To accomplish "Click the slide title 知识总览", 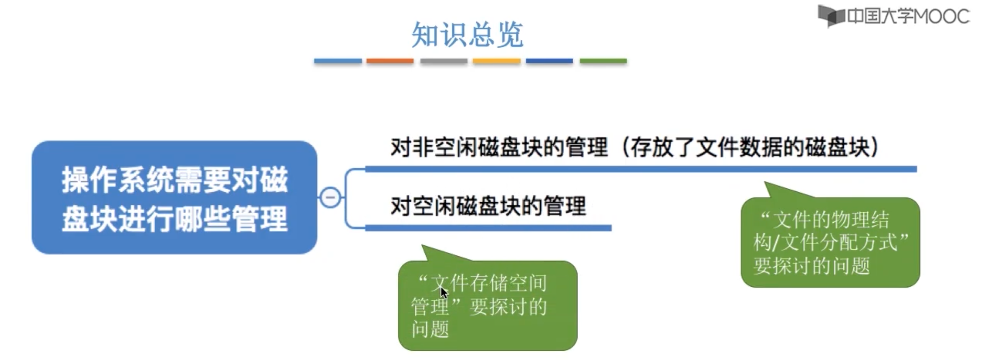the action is [467, 35].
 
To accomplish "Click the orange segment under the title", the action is [390, 61].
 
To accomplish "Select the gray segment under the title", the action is [444, 61].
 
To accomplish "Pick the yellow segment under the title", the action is [496, 61].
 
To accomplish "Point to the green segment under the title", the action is [603, 61].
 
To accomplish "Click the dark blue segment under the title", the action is [549, 61].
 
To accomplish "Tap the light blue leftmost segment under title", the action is [338, 61].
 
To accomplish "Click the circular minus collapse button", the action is [330, 197].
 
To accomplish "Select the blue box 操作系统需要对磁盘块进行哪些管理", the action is [174, 198].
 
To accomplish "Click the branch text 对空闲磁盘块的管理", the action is [488, 206].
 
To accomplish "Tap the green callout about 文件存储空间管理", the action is [488, 306].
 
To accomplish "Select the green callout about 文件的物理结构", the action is [830, 242].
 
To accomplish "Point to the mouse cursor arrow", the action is [443, 291].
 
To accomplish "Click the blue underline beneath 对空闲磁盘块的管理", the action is [488, 228].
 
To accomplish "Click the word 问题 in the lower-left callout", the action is [430, 329].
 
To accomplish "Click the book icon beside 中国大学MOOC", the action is [831, 16].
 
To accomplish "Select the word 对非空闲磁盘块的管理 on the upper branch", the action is [499, 147].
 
